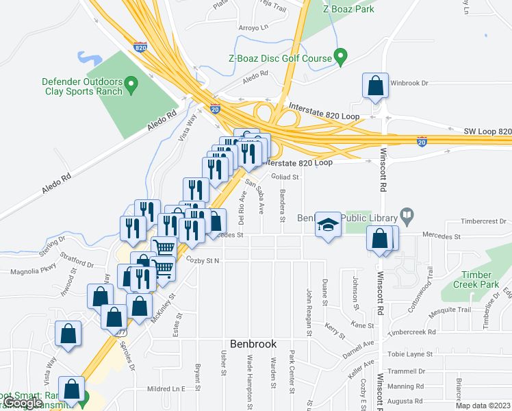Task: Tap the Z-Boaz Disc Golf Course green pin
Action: [x=340, y=58]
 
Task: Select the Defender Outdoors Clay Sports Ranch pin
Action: [x=134, y=86]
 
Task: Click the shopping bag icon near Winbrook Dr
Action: [x=376, y=86]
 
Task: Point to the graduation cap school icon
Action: [x=328, y=224]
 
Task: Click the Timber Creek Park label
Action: [x=476, y=279]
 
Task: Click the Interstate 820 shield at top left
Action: [x=140, y=47]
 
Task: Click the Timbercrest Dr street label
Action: [x=483, y=222]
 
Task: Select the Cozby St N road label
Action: [x=203, y=261]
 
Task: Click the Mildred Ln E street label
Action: [x=166, y=389]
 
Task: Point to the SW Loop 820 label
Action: [x=487, y=131]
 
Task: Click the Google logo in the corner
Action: [x=23, y=403]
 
